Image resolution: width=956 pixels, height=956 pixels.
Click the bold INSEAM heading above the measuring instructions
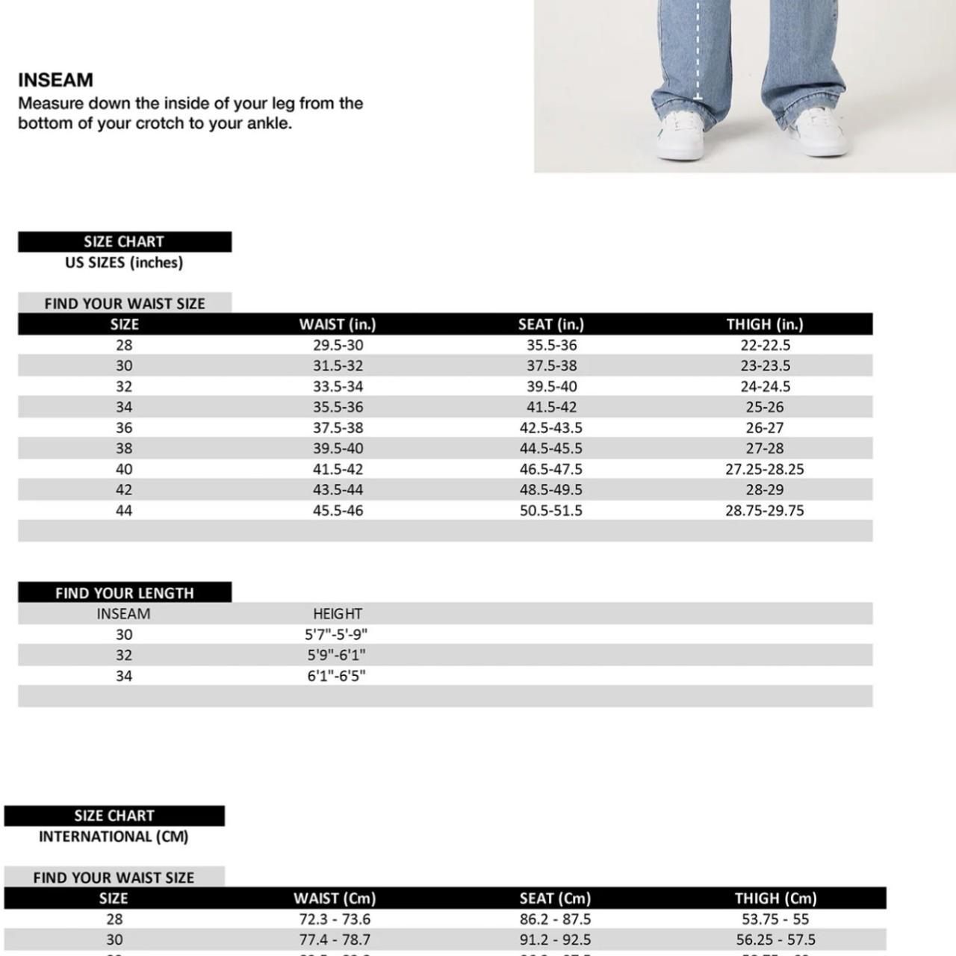click(x=55, y=80)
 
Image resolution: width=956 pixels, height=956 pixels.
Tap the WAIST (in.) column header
click(x=338, y=324)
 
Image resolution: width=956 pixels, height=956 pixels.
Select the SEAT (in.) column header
click(x=551, y=324)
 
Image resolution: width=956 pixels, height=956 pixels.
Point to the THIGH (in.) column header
click(x=765, y=324)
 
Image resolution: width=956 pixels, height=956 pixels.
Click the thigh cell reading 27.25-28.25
click(x=765, y=469)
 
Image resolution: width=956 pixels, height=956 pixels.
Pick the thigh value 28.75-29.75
click(x=765, y=511)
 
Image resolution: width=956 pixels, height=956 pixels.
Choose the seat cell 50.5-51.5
click(x=551, y=511)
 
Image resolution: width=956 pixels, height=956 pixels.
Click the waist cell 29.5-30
click(x=338, y=345)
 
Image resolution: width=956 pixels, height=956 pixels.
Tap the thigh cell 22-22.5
click(x=765, y=345)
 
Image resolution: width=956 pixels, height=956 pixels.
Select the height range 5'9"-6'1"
click(x=337, y=655)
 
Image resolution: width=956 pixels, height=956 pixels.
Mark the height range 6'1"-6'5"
click(x=337, y=676)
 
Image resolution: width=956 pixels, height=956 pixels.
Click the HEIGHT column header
click(x=338, y=614)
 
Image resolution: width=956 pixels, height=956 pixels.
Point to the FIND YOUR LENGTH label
click(x=125, y=593)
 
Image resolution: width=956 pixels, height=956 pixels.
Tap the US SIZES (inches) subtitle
click(x=124, y=262)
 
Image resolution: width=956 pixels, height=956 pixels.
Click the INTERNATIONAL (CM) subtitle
click(x=114, y=836)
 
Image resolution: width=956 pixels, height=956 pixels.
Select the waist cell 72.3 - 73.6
click(x=335, y=919)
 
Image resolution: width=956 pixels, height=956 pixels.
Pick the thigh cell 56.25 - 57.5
click(x=775, y=940)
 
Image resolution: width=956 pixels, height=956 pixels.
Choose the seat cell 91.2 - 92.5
click(x=555, y=940)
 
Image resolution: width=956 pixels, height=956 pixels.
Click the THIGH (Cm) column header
click(x=775, y=898)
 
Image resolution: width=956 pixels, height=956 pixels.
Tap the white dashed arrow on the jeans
click(x=698, y=52)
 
